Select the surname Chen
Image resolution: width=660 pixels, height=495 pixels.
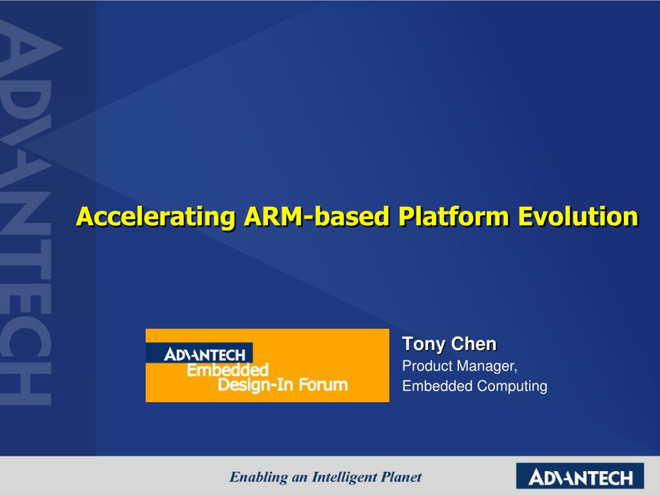(474, 345)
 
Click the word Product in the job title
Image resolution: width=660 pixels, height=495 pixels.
(427, 366)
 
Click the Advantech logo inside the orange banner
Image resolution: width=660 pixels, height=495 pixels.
(204, 354)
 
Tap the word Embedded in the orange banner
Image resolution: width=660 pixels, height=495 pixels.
(227, 371)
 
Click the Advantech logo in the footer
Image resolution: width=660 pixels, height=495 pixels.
(580, 477)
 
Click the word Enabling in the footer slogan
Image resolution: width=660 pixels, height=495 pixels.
(258, 478)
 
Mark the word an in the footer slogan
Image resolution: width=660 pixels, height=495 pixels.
(299, 478)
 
